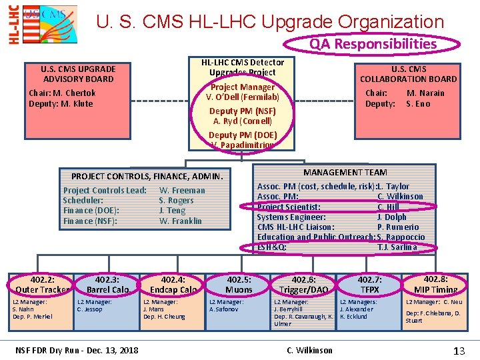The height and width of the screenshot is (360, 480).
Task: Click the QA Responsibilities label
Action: tap(373, 44)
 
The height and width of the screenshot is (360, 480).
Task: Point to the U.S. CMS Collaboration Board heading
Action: tap(408, 73)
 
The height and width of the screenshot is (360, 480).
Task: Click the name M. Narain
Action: tap(425, 93)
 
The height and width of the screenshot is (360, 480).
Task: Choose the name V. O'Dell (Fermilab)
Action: tap(242, 97)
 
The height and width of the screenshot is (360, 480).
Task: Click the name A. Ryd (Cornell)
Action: tap(242, 121)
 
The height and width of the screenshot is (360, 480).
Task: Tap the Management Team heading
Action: tap(345, 173)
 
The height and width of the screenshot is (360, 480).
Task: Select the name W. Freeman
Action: tap(182, 191)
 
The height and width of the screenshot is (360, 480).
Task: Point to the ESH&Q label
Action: tap(272, 247)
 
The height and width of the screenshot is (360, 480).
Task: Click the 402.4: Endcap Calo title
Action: tap(173, 285)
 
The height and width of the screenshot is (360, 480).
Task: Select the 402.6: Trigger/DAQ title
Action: tap(304, 285)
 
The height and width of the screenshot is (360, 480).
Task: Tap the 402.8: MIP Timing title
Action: tap(435, 284)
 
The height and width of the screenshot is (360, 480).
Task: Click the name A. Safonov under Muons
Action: tap(224, 309)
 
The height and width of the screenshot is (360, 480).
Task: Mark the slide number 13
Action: tap(459, 350)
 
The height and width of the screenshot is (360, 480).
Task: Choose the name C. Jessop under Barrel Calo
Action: tap(90, 309)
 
